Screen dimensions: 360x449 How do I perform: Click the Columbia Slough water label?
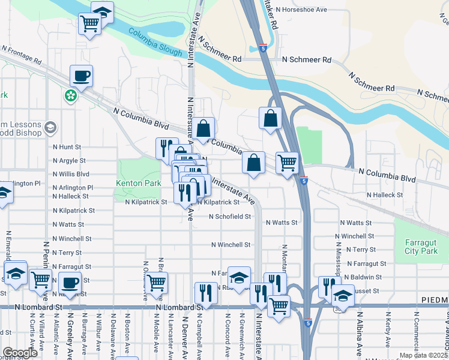point(154,42)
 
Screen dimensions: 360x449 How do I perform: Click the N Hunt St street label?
point(67,146)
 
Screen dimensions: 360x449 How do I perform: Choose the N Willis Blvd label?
point(71,174)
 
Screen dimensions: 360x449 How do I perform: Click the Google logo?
point(19,352)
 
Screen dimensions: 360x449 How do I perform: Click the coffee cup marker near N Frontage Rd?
point(82,76)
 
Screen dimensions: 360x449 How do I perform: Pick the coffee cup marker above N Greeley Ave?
point(70,282)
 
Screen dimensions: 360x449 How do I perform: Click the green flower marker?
point(71,95)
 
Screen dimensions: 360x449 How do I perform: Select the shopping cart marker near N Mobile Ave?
point(157,282)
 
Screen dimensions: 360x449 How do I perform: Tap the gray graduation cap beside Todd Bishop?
point(50,127)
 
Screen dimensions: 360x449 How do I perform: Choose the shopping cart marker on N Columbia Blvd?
point(288,161)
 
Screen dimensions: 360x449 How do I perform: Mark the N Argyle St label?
point(70,161)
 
